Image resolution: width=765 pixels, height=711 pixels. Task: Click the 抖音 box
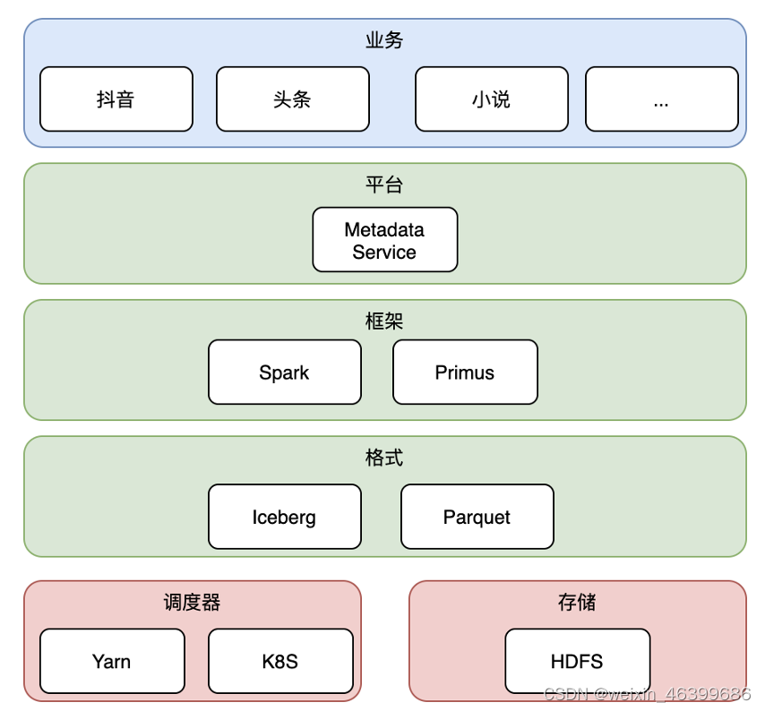click(116, 99)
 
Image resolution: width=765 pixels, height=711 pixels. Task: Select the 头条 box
click(293, 99)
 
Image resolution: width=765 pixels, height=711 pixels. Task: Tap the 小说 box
click(492, 99)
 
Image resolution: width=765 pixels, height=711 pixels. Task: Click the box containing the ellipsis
click(662, 99)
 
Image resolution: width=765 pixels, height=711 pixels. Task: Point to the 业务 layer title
click(384, 40)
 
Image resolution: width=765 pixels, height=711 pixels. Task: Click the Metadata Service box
click(385, 239)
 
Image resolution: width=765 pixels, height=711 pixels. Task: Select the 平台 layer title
click(384, 184)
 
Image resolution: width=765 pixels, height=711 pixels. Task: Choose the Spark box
click(285, 373)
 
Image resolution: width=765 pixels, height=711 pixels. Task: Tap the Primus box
click(465, 373)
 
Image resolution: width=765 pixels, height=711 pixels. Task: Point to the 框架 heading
click(384, 321)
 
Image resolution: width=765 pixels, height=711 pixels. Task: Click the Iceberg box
click(285, 517)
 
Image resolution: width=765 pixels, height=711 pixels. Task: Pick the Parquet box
click(477, 517)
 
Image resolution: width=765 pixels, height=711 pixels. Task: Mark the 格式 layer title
click(384, 458)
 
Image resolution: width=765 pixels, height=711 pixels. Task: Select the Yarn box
click(112, 661)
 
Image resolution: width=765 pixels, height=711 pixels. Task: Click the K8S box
click(280, 661)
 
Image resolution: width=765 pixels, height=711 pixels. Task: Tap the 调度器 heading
click(193, 603)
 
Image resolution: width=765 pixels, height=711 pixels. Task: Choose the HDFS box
click(578, 661)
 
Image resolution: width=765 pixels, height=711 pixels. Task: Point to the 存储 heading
click(577, 603)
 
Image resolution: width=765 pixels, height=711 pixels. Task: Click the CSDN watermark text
click(648, 693)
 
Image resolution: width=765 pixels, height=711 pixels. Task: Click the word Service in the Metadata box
click(384, 253)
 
